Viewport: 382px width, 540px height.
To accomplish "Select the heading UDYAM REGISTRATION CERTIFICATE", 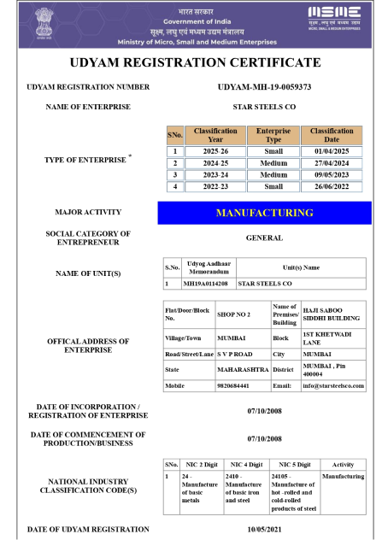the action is coord(191,62).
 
